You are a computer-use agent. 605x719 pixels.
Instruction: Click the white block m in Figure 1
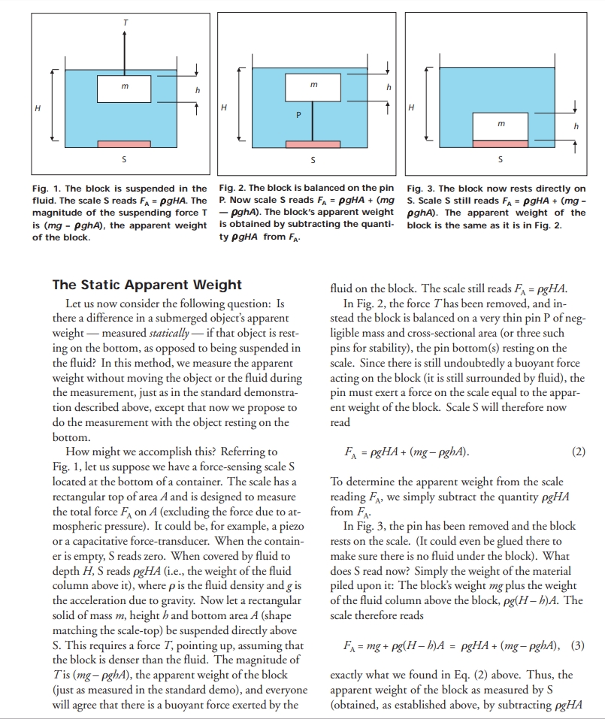[124, 89]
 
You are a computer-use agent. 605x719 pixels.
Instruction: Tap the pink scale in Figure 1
[124, 143]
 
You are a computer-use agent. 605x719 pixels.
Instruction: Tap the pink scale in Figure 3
[501, 143]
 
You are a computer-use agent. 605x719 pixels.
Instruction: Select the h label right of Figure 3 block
[576, 126]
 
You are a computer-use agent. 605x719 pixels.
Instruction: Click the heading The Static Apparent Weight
[147, 285]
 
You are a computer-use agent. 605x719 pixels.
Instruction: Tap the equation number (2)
[577, 453]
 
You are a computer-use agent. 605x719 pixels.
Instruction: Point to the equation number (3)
[577, 644]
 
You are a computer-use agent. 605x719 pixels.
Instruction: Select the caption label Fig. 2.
[234, 189]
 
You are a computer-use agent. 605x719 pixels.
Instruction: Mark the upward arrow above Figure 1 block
[124, 53]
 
